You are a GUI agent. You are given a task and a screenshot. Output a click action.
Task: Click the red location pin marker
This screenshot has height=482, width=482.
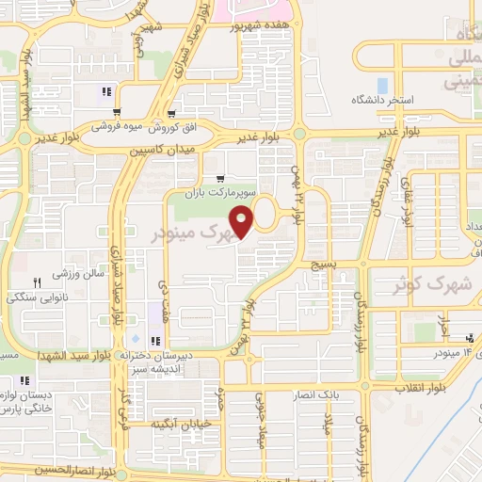[243, 222]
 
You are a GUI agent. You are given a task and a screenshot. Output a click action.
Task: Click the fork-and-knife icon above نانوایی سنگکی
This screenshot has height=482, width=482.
[39, 281]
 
